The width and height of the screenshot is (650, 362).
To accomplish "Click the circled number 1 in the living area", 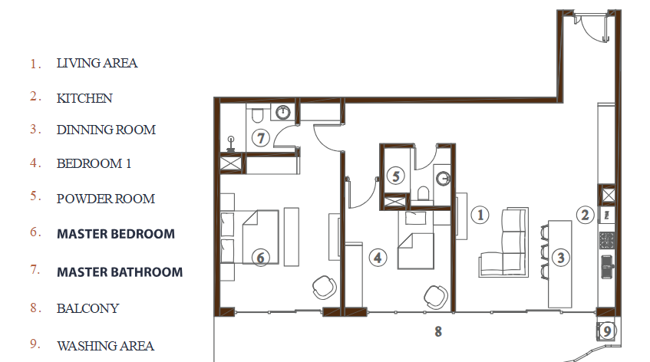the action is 480,215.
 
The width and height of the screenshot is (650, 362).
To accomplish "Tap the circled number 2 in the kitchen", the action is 585,215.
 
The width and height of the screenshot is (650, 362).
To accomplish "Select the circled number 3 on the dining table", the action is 560,258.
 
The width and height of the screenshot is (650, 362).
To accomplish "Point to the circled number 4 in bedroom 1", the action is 378,258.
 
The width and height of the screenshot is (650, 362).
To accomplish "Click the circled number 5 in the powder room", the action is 396,176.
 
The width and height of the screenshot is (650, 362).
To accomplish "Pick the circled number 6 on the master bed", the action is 260,258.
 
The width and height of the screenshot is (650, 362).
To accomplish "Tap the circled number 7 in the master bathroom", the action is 261,137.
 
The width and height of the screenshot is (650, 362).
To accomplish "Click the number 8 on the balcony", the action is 438,331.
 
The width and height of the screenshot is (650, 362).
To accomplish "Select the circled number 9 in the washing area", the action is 607,331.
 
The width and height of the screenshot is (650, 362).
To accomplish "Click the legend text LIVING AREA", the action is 97,63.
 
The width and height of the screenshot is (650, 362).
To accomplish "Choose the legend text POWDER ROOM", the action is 106,199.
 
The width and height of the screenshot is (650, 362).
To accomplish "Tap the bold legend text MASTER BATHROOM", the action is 120,272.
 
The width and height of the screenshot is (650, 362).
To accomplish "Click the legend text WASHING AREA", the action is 106,346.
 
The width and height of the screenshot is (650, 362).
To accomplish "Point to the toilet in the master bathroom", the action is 257,115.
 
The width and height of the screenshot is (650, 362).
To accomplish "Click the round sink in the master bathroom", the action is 282,112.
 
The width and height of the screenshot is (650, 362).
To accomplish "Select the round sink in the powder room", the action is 443,179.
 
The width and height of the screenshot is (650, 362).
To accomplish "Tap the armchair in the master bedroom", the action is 324,288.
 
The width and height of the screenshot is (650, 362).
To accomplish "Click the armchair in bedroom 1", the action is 436,297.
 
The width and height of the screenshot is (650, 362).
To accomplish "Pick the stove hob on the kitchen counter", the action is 606,240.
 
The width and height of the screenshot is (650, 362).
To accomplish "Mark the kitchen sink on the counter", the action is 607,267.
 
